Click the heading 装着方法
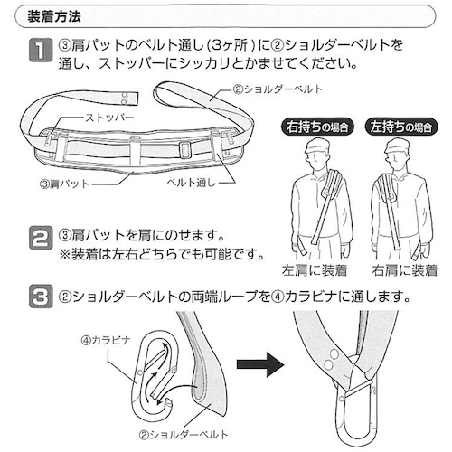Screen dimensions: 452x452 54,16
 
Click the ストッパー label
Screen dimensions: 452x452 109,118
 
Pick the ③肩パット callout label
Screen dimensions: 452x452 64,184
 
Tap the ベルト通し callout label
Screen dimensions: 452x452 192,183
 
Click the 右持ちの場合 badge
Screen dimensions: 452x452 317,127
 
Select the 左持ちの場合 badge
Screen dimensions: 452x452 401,127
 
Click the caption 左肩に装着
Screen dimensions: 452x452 315,270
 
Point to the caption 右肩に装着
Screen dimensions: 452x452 404,270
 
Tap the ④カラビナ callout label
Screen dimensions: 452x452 106,341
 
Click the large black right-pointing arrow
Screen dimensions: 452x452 260,364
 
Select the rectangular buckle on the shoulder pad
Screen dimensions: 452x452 185,150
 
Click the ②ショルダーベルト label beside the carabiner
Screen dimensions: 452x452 184,435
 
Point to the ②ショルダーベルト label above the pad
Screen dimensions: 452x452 278,89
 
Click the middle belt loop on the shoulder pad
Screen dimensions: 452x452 136,151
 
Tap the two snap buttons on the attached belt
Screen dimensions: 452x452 331,359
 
